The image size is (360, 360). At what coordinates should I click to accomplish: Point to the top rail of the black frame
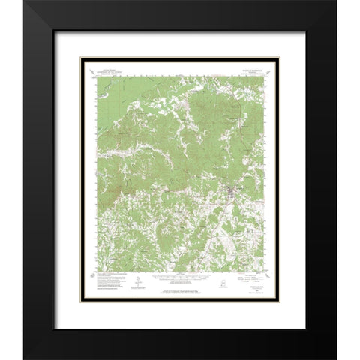[180, 7]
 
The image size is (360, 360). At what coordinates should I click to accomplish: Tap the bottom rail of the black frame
[180, 352]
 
